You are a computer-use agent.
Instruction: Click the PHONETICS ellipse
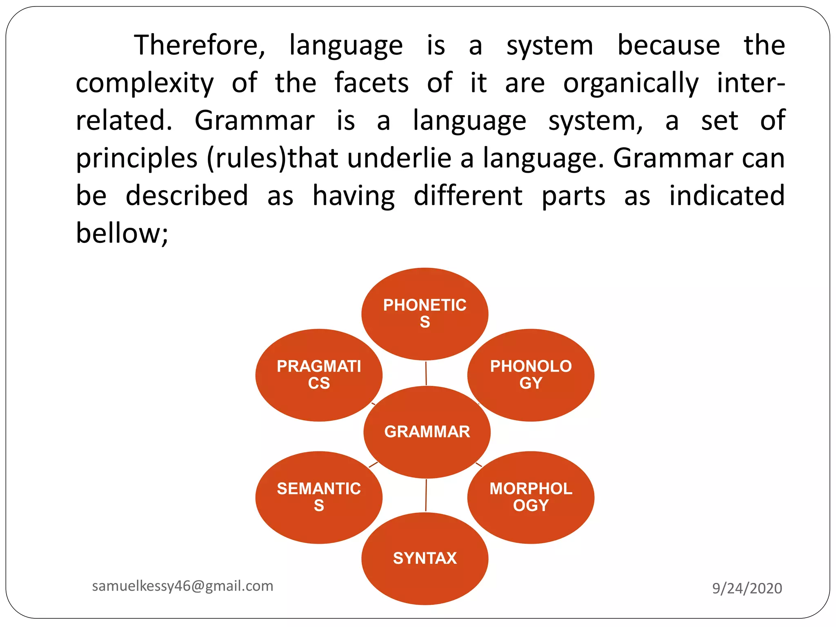tap(425, 313)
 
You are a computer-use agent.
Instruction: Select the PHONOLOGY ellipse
tap(531, 375)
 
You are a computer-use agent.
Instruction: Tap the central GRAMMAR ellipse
tap(427, 432)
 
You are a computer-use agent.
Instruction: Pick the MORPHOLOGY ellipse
tap(531, 497)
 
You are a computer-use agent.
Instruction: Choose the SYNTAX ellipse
tap(425, 558)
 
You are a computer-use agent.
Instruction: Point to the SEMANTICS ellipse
tap(319, 497)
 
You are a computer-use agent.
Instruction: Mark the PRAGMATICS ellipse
tap(319, 375)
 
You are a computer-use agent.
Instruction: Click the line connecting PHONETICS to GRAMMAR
tap(426, 373)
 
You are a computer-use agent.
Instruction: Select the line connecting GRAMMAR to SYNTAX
tap(426, 495)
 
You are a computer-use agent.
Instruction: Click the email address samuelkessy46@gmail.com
tap(182, 586)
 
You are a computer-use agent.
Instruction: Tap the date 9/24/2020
tap(747, 588)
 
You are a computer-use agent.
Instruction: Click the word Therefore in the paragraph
tap(200, 45)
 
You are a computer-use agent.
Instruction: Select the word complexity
tap(145, 83)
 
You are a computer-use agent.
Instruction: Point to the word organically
tap(631, 83)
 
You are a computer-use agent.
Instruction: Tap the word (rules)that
tap(272, 158)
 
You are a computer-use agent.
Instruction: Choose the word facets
tap(371, 83)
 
